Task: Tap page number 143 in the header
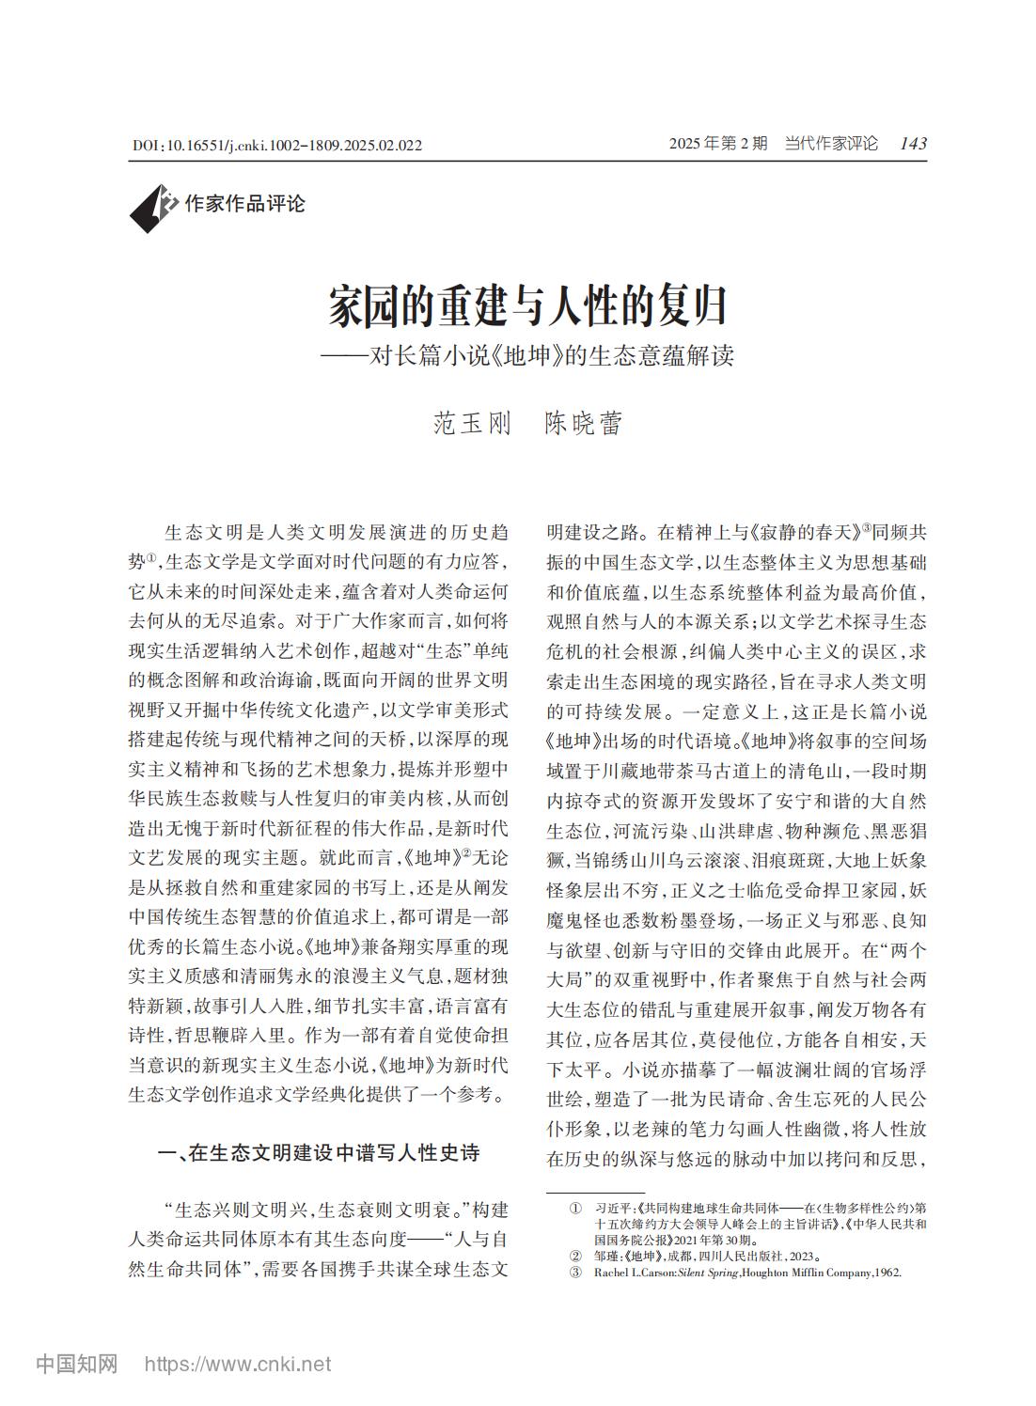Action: click(x=912, y=144)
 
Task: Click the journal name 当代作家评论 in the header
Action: click(x=831, y=144)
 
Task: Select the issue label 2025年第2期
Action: click(x=717, y=144)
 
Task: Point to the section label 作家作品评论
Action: click(x=244, y=203)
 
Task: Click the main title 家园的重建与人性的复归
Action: click(x=527, y=305)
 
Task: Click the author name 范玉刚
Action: click(x=472, y=424)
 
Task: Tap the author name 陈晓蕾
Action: click(x=584, y=424)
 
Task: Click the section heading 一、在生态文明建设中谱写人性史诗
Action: click(x=319, y=1153)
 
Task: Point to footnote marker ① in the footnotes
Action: click(x=574, y=1207)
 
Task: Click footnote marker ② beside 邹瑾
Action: click(x=574, y=1256)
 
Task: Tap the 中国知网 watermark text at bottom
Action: click(x=77, y=1364)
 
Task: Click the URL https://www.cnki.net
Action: click(x=237, y=1364)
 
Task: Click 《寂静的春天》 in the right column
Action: click(x=809, y=533)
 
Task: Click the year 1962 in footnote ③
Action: click(x=887, y=1273)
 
